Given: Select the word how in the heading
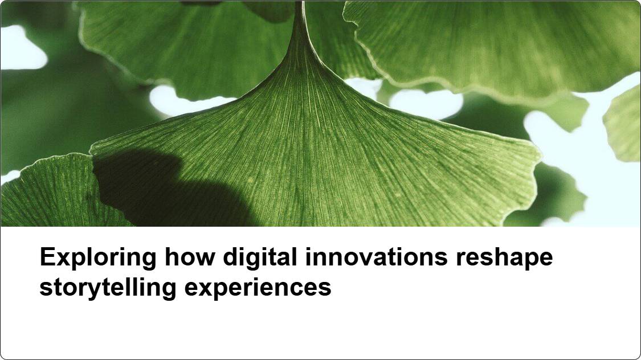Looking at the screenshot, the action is tap(190, 257).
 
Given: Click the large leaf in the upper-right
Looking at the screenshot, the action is tap(491, 45).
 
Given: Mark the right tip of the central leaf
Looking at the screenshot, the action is tap(541, 156).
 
